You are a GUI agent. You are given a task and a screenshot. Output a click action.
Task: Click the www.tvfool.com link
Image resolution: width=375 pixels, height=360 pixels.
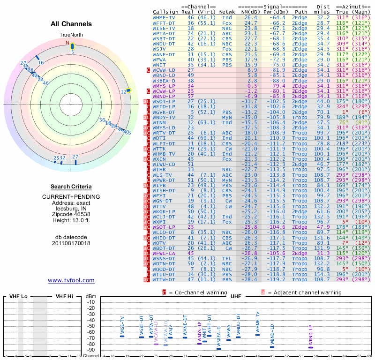click(x=71, y=280)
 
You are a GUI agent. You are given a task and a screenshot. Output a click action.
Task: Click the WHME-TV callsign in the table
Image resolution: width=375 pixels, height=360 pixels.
click(x=164, y=17)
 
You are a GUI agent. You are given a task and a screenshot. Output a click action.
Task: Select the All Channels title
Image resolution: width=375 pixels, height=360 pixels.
click(x=71, y=24)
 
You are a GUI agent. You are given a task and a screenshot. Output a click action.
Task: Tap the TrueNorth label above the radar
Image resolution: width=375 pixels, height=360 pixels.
click(x=71, y=35)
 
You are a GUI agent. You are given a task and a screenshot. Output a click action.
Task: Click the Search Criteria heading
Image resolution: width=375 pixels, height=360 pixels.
click(x=71, y=186)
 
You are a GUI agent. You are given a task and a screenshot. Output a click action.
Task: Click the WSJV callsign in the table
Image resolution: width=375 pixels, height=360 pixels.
click(x=160, y=48)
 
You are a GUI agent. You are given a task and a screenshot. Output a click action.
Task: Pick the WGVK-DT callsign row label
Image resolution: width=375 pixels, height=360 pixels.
click(x=164, y=112)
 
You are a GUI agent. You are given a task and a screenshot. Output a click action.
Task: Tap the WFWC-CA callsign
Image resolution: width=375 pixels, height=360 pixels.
click(x=164, y=253)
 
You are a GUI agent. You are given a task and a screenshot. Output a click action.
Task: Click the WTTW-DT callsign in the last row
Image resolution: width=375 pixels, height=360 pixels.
click(x=164, y=279)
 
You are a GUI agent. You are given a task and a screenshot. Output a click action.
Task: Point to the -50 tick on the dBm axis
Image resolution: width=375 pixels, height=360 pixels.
click(x=90, y=326)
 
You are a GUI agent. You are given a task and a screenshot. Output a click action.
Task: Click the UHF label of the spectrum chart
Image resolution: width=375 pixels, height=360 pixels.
click(x=236, y=296)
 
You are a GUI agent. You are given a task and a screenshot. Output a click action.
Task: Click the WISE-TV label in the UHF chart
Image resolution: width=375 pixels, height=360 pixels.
click(x=122, y=326)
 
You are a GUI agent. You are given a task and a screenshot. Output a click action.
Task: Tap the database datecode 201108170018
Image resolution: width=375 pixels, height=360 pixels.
click(x=71, y=243)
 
